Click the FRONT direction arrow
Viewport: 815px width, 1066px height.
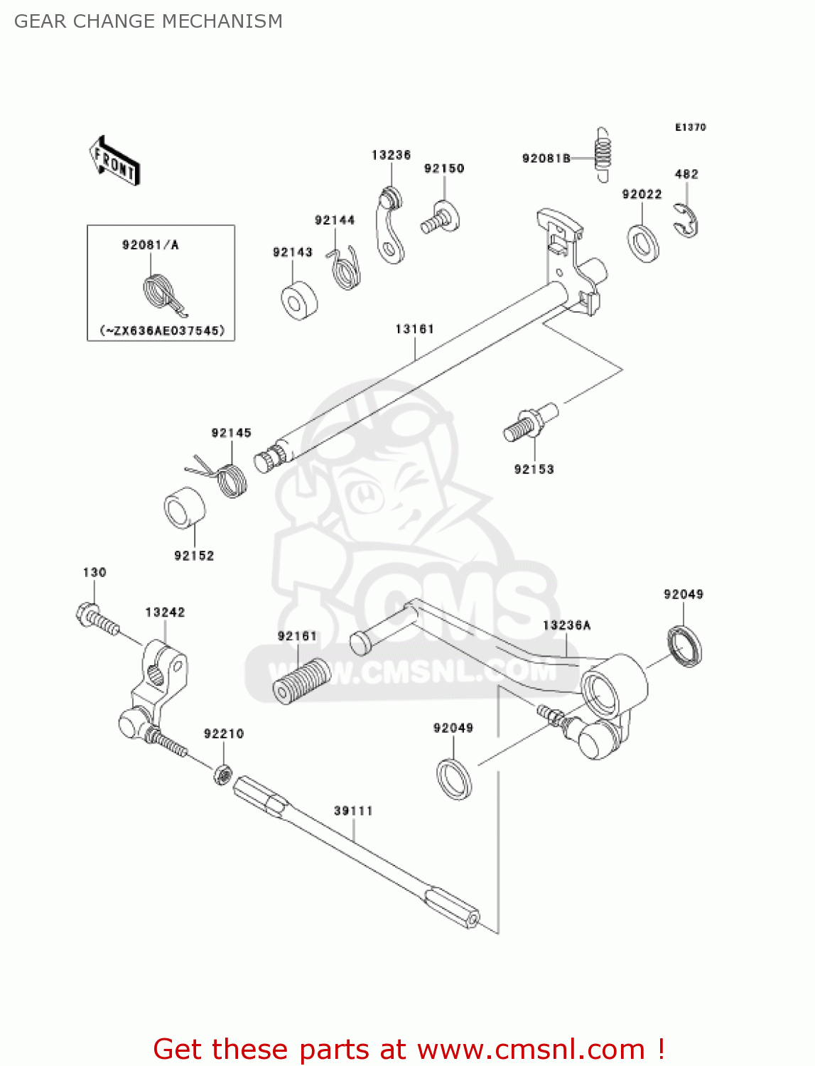(x=114, y=161)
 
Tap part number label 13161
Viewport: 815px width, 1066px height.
(x=414, y=329)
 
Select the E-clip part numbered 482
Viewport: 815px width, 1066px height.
(x=686, y=221)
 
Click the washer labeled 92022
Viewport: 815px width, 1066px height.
(x=643, y=242)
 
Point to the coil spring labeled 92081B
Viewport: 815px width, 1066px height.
(x=602, y=155)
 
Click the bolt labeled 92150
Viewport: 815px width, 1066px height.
(x=441, y=217)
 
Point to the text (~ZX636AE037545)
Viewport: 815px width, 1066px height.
(x=161, y=330)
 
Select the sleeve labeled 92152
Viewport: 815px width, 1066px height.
(x=185, y=508)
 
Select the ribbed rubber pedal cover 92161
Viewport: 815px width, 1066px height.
(x=302, y=681)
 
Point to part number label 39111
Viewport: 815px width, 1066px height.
(x=353, y=811)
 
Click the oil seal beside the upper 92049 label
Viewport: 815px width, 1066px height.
(x=684, y=646)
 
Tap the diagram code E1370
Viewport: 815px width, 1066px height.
(x=690, y=127)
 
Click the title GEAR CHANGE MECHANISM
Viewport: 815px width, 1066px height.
(x=149, y=21)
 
